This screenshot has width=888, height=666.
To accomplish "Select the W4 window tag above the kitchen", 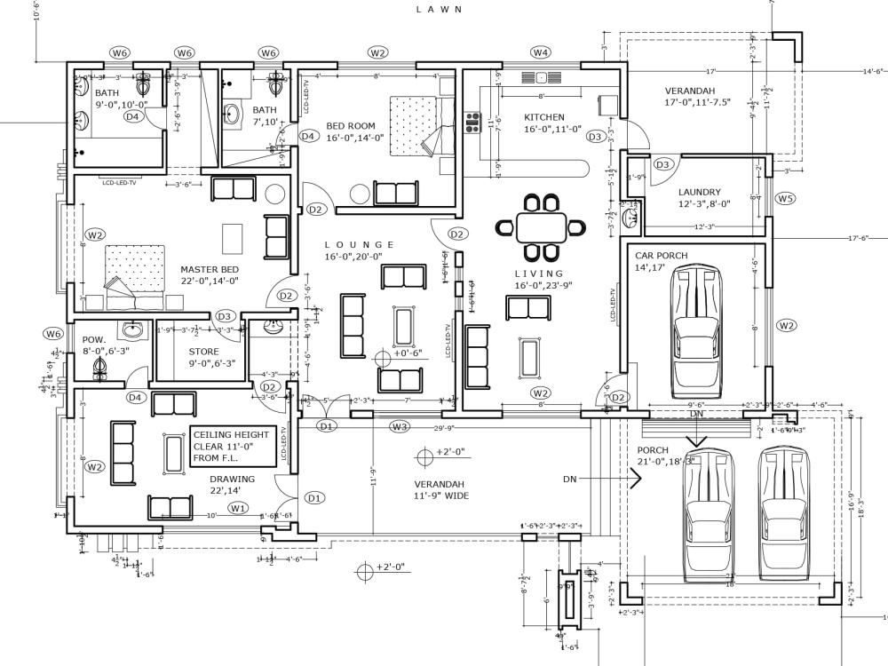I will tap(540, 53).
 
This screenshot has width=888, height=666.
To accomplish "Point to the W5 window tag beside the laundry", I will tap(785, 198).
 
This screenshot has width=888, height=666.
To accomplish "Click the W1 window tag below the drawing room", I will tap(237, 508).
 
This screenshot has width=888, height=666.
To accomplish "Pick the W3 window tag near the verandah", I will tap(400, 427).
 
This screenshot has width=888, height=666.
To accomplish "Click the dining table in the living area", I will tap(540, 226).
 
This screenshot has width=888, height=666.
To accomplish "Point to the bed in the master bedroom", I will tap(135, 269).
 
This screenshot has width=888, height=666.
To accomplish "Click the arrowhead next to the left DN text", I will tap(635, 480).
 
